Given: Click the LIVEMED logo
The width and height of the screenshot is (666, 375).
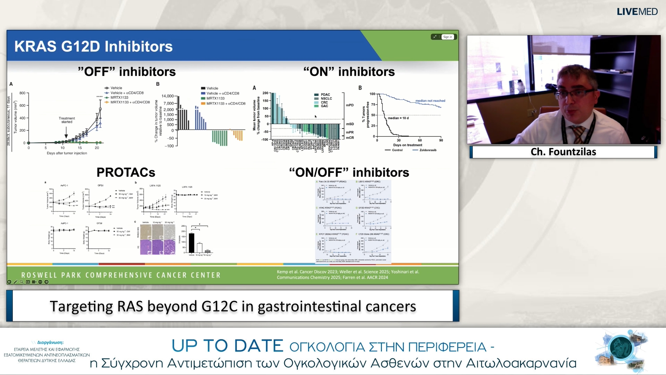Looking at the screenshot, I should [x=637, y=11].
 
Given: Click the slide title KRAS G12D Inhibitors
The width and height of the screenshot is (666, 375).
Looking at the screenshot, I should [x=93, y=47].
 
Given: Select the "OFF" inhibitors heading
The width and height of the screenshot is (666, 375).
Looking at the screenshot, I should [x=127, y=72].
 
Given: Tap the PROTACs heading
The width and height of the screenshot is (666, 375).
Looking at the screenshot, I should [x=126, y=172].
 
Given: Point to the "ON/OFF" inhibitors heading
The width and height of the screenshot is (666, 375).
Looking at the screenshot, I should [x=349, y=172].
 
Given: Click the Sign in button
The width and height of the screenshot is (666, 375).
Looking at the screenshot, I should [x=447, y=37].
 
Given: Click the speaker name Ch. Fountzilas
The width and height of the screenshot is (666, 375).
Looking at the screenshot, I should [x=563, y=152].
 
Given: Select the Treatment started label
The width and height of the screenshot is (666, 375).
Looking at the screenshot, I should [x=67, y=120].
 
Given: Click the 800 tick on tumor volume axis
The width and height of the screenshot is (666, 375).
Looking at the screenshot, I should [x=22, y=93].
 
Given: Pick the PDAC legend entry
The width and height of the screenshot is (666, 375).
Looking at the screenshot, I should [x=325, y=94].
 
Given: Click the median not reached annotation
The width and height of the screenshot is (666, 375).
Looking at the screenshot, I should [x=430, y=101].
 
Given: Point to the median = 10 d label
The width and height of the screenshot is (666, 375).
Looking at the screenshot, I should [x=398, y=118].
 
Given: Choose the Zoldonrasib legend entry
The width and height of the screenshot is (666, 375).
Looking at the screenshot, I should [x=427, y=150].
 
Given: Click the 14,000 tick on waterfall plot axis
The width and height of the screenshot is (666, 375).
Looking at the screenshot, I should [x=168, y=96].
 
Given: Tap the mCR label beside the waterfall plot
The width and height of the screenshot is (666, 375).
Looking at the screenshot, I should [x=350, y=138].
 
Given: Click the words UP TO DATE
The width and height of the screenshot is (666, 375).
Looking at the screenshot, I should [x=227, y=345].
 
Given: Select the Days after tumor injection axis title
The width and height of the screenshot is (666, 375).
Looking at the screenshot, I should [x=67, y=153].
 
